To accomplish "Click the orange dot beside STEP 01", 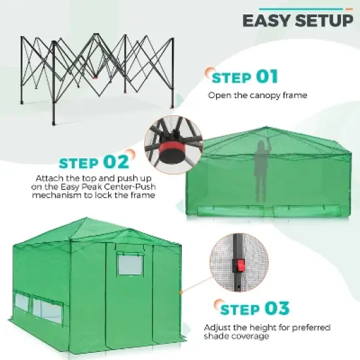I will pos(209,73).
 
